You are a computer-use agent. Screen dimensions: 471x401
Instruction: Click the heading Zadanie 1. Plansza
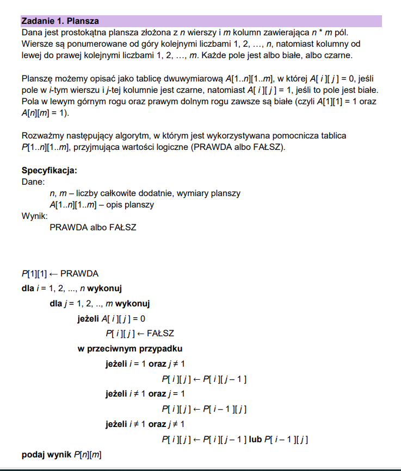pos(60,21)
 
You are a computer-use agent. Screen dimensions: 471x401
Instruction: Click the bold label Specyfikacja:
pos(49,171)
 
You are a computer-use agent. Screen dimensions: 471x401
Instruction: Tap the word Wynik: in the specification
pos(34,216)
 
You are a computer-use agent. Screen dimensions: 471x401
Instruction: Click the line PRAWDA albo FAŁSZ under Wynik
pos(92,227)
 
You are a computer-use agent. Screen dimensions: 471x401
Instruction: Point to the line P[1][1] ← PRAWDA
pos(60,273)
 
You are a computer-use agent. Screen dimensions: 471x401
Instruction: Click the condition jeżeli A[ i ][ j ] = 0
pos(112,318)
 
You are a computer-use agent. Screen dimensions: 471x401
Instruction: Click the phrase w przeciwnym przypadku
pos(130,348)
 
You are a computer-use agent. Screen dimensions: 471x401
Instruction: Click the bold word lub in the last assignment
pos(256,438)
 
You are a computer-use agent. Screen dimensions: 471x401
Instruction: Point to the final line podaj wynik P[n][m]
pos(61,454)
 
